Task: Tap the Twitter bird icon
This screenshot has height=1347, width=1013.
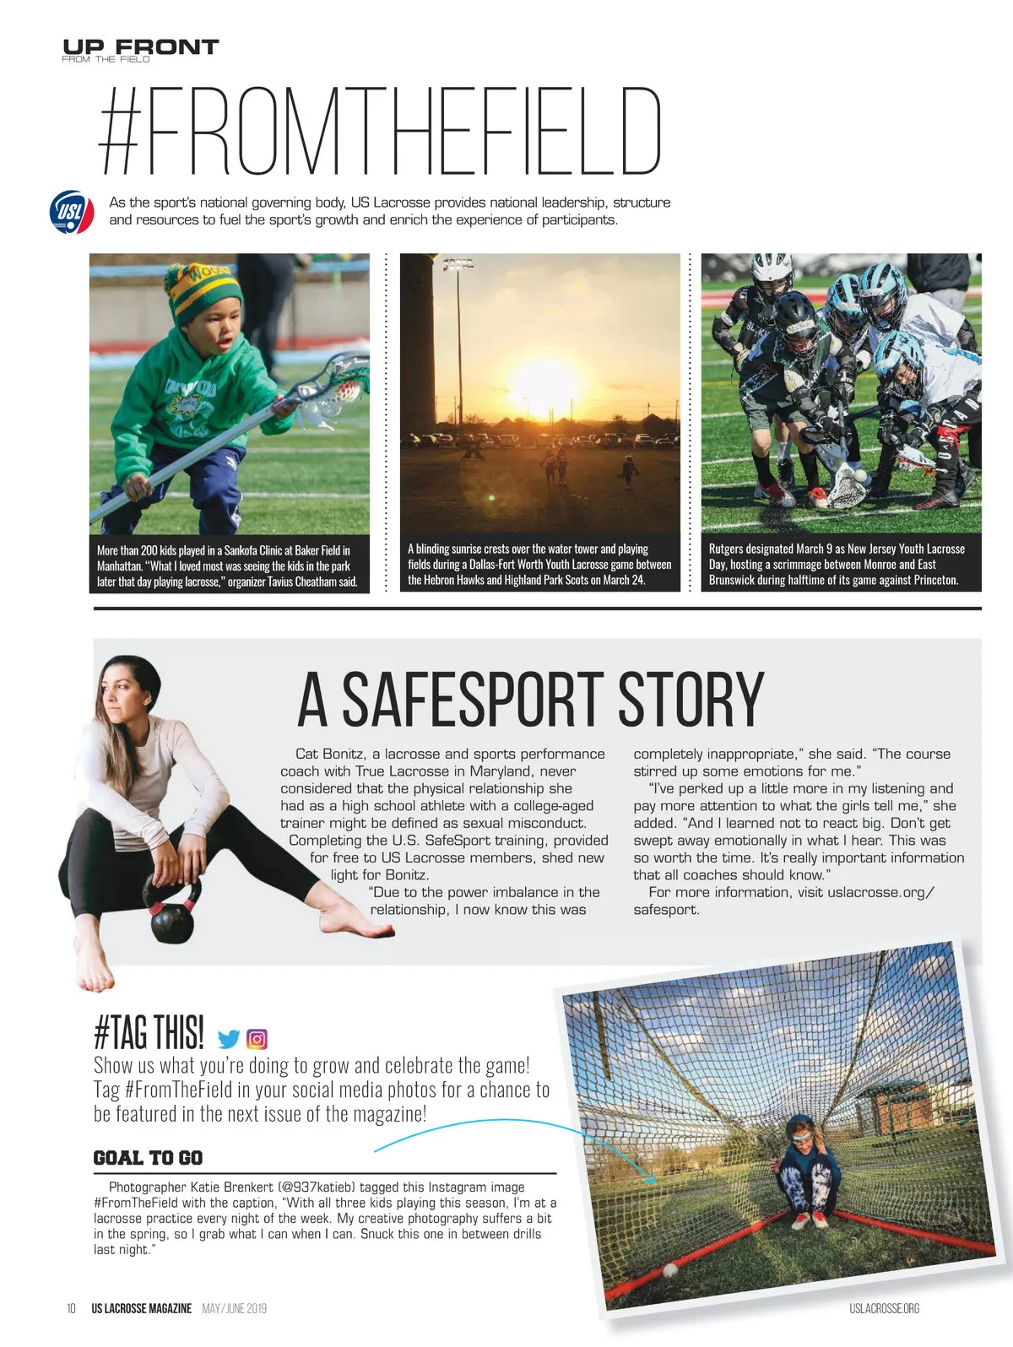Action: (x=229, y=1039)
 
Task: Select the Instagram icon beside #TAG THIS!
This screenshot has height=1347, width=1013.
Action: (x=257, y=1039)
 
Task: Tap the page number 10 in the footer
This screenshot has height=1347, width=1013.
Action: (x=72, y=1308)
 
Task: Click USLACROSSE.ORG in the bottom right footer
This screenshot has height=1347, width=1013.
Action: (x=884, y=1308)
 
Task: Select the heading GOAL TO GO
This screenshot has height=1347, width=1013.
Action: (x=148, y=1158)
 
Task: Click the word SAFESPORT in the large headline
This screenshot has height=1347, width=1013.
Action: (x=473, y=700)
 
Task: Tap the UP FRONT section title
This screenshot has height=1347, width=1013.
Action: (x=140, y=46)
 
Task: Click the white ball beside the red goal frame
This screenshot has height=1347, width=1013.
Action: (x=669, y=1269)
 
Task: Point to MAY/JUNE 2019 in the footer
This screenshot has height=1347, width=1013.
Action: (x=235, y=1308)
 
